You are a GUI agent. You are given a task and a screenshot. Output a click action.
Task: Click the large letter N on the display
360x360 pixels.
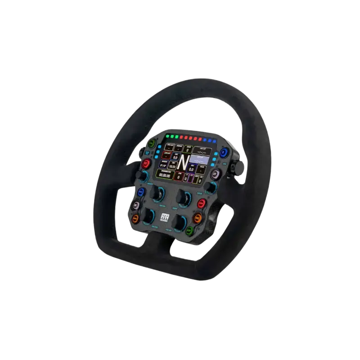click(x=183, y=162)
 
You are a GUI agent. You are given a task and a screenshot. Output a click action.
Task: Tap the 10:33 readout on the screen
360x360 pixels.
click(x=172, y=167)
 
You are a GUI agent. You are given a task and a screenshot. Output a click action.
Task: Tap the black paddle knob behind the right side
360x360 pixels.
click(x=239, y=167)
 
